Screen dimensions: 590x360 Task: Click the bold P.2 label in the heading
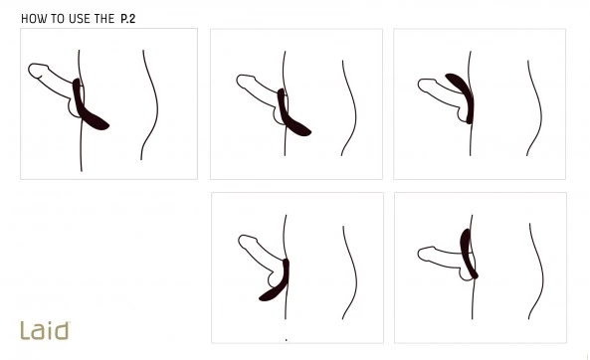click(128, 19)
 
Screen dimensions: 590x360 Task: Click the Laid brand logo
click(45, 330)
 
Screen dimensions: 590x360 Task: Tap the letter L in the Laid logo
click(25, 330)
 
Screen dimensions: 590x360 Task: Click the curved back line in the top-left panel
click(156, 105)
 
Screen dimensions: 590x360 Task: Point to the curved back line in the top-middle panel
click(355, 109)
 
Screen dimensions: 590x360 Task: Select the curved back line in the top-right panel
click(540, 109)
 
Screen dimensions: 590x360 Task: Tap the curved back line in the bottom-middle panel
click(355, 272)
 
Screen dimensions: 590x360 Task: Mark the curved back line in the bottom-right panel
click(542, 270)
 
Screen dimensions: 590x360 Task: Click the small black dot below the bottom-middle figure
click(287, 340)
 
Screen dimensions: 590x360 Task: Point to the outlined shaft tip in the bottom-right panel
click(425, 254)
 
